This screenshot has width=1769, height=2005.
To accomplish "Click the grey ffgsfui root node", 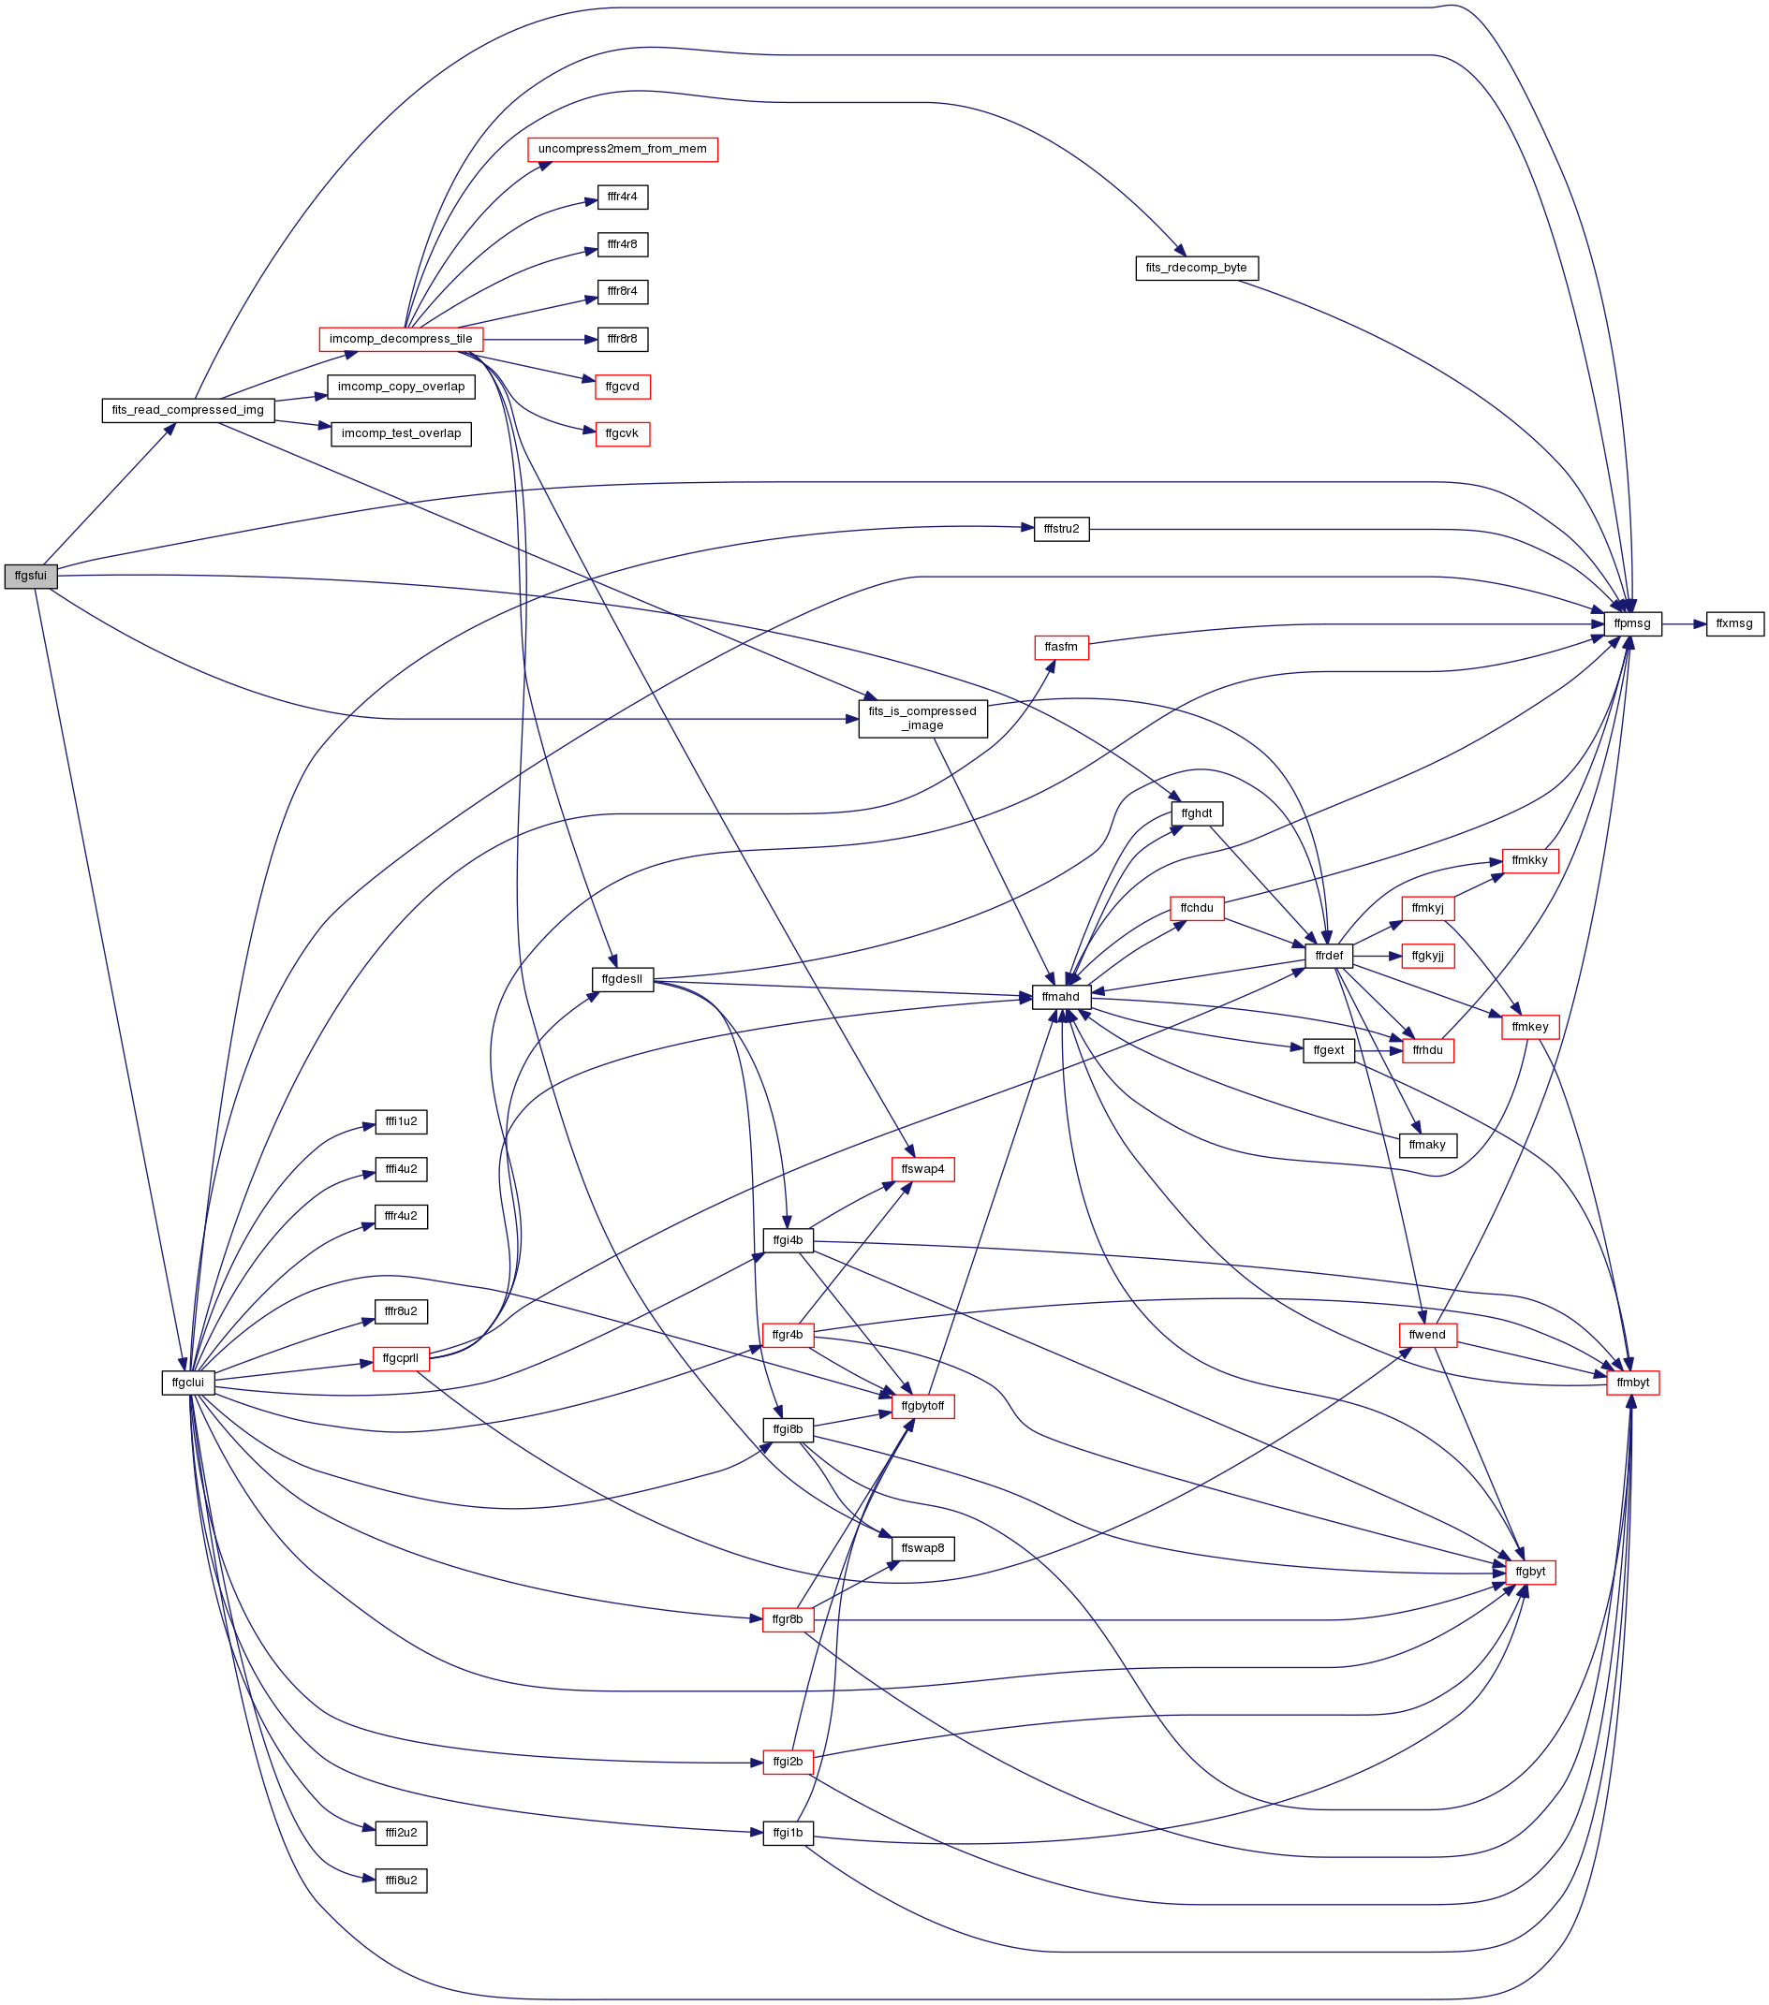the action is [x=30, y=576].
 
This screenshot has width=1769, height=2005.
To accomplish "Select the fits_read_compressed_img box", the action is [x=187, y=410].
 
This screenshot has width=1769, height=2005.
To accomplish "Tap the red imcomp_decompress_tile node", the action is [x=400, y=340].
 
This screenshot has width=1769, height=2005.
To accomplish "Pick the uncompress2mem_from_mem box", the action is [x=622, y=150].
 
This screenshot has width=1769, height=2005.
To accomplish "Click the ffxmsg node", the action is [x=1733, y=623].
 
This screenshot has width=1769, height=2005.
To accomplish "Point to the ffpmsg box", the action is [x=1632, y=623].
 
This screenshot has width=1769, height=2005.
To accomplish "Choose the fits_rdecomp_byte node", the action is [x=1196, y=268].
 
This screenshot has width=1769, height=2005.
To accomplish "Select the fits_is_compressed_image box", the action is [x=922, y=718].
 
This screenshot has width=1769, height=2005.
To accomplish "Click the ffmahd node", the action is [x=1061, y=997].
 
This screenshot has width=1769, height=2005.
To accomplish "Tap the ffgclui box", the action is [x=187, y=1383].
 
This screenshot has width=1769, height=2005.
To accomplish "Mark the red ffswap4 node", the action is [x=922, y=1169].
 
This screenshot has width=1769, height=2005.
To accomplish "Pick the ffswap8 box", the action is [x=922, y=1548].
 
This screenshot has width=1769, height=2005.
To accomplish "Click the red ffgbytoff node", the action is [x=922, y=1406].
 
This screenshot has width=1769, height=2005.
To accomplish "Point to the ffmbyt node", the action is [x=1632, y=1383].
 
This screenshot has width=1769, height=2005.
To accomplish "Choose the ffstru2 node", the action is [x=1061, y=529].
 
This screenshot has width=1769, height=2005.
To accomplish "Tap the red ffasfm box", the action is [x=1061, y=648].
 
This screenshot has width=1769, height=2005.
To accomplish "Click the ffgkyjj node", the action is [x=1427, y=956].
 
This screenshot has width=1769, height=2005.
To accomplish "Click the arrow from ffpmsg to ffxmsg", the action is [x=1684, y=623].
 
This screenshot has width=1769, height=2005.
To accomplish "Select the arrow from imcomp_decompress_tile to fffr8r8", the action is [x=539, y=340].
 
